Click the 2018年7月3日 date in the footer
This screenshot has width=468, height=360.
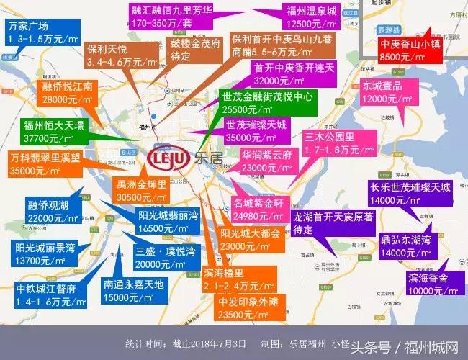[x=216, y=343]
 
